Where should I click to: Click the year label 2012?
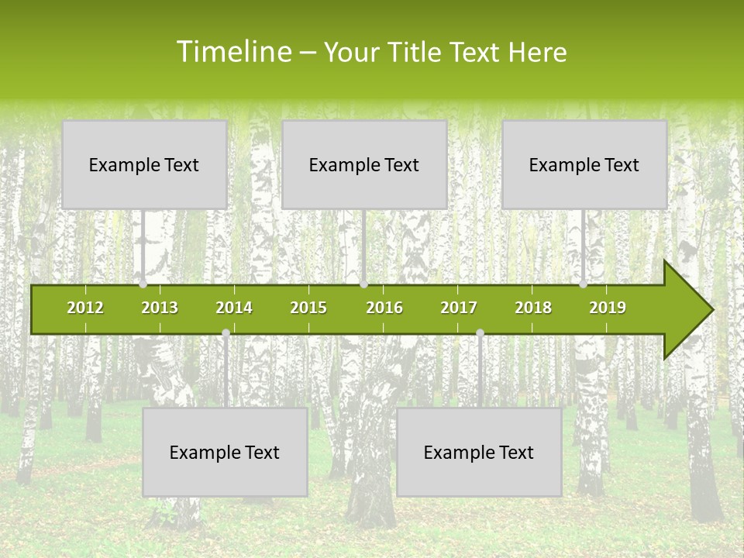pos(85,308)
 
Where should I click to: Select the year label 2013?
pos(160,308)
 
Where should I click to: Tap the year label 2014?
pos(234,308)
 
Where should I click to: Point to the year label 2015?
pos(308,308)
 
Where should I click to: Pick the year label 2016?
pos(384,308)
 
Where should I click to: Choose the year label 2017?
pos(459,308)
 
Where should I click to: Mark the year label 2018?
pos(533,308)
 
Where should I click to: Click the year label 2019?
pos(608,308)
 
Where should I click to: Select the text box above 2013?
pos(144,165)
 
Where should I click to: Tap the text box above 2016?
pos(364,165)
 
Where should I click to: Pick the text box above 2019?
pos(584,165)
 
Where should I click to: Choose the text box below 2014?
pos(225,453)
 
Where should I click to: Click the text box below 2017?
pos(479,453)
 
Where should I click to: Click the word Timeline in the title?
pos(233,52)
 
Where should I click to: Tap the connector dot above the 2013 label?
pos(143,284)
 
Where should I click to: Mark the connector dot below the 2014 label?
pos(226,333)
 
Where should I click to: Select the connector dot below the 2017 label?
pos(480,333)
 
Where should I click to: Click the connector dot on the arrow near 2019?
pos(584,284)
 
